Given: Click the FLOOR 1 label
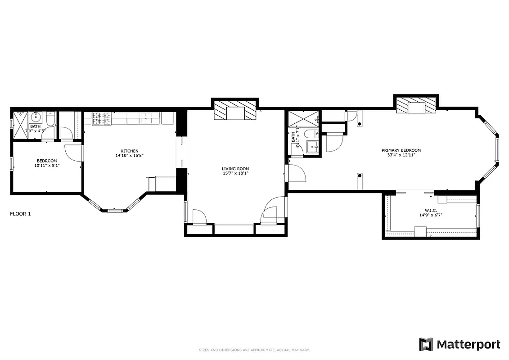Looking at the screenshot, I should [x=20, y=214].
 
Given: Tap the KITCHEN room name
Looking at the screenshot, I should [x=129, y=151].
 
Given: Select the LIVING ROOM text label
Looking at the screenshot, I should [x=235, y=169].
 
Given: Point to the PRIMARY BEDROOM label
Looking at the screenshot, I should [x=401, y=150].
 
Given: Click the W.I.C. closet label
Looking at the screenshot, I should [x=431, y=210].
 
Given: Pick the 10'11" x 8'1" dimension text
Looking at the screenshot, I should [x=47, y=166].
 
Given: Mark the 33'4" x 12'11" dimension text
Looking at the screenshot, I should [x=401, y=155].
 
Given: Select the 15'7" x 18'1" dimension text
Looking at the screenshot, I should [x=235, y=174].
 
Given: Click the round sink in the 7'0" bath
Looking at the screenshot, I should [x=36, y=118].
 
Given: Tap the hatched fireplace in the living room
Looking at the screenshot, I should [x=235, y=110].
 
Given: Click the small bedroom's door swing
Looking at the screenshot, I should [x=73, y=152].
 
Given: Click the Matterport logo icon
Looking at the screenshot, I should [x=426, y=344].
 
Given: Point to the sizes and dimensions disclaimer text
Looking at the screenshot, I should [x=254, y=350].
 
